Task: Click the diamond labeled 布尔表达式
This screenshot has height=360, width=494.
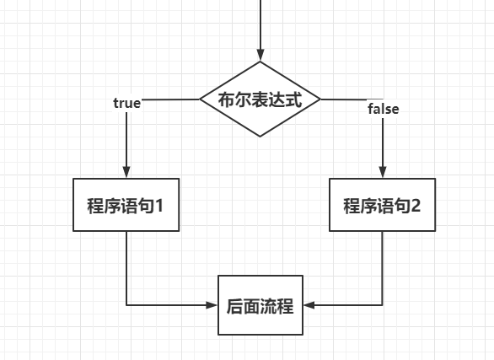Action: [260, 99]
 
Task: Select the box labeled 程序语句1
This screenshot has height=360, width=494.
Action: [126, 205]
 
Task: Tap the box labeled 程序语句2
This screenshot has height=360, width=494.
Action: [382, 205]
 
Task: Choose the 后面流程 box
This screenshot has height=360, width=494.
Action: [260, 304]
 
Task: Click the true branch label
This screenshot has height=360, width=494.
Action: [126, 103]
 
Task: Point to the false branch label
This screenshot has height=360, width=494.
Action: [384, 109]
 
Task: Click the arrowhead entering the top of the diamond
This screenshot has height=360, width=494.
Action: [260, 54]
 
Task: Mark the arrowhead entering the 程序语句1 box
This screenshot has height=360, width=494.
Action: [126, 171]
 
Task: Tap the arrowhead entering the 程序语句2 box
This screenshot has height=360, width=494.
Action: [383, 171]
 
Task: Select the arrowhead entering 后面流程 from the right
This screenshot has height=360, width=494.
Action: [309, 304]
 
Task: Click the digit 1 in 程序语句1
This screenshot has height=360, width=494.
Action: [171, 205]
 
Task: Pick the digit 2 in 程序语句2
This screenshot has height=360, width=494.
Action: [427, 205]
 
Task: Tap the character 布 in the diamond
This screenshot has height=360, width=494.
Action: [227, 99]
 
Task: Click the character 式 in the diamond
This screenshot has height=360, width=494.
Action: [293, 99]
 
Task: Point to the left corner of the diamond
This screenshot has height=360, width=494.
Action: [199, 99]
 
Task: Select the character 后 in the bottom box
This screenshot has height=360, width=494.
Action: [235, 304]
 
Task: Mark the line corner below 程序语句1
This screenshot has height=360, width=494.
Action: [126, 304]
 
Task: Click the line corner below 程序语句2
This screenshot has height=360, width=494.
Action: [383, 304]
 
